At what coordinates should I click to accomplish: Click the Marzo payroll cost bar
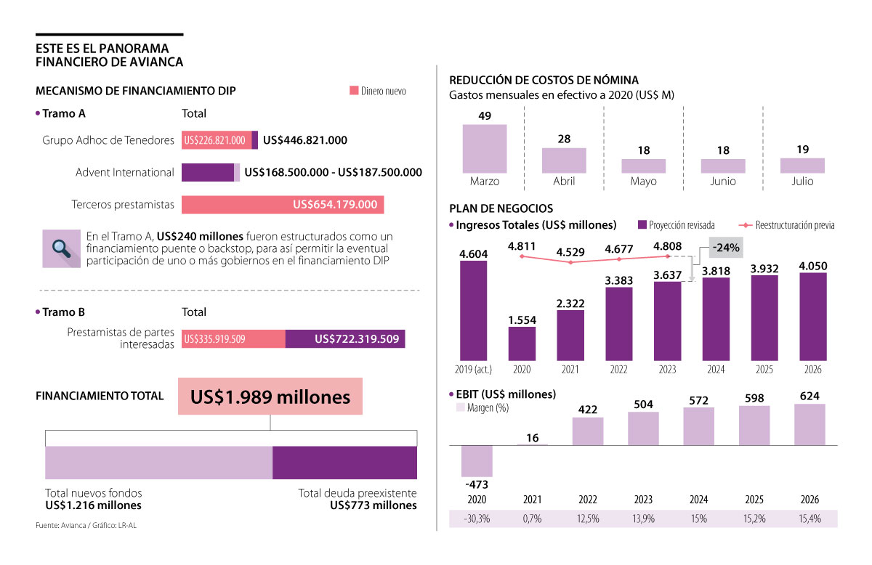pyautogui.click(x=485, y=148)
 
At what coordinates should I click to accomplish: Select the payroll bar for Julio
pyautogui.click(x=802, y=166)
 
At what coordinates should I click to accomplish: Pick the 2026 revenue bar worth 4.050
pyautogui.click(x=812, y=317)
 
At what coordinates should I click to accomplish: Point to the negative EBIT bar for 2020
pyautogui.click(x=477, y=461)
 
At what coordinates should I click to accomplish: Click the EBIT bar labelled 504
pyautogui.click(x=643, y=428)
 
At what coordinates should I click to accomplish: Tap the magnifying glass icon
pyautogui.click(x=61, y=248)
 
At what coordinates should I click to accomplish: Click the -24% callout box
pyautogui.click(x=726, y=248)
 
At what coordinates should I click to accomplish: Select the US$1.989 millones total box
pyautogui.click(x=270, y=397)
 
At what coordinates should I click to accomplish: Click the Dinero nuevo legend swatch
pyautogui.click(x=354, y=91)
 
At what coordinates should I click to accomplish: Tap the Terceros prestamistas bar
pyautogui.click(x=283, y=205)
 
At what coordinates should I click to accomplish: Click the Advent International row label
pyautogui.click(x=125, y=173)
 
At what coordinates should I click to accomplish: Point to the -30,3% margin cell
pyautogui.click(x=477, y=519)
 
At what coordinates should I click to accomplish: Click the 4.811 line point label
pyautogui.click(x=522, y=246)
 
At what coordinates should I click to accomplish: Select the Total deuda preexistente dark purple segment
pyautogui.click(x=344, y=463)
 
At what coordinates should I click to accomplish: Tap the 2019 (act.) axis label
pyautogui.click(x=474, y=370)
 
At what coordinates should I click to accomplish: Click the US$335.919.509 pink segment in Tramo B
pyautogui.click(x=233, y=338)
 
